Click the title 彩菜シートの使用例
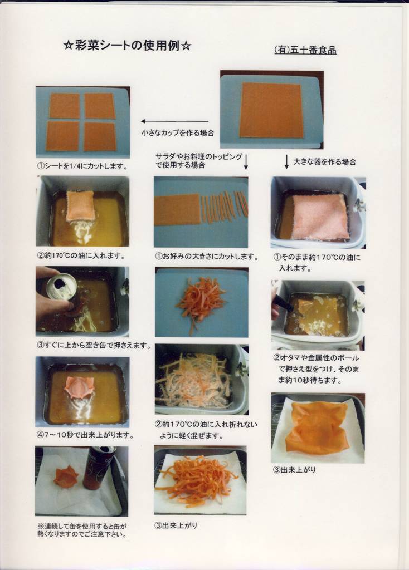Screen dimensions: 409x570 click(x=127, y=46)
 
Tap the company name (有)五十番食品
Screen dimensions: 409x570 click(x=305, y=50)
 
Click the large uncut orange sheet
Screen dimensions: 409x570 click(x=271, y=110)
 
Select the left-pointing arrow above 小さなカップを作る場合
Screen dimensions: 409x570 click(x=174, y=121)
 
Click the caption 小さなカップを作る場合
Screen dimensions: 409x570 click(x=178, y=133)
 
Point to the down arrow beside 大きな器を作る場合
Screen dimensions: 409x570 click(x=286, y=162)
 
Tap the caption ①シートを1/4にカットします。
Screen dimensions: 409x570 click(x=82, y=166)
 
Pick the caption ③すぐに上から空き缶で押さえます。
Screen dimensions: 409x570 click(x=94, y=345)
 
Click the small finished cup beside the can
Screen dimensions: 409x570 click(x=66, y=478)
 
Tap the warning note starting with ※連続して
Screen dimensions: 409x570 click(x=82, y=530)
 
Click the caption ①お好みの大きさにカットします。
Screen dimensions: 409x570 click(x=207, y=257)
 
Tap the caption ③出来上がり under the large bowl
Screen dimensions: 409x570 click(x=294, y=470)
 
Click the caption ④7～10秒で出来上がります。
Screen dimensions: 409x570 click(x=85, y=435)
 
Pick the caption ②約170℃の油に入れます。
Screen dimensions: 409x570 click(x=81, y=255)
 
